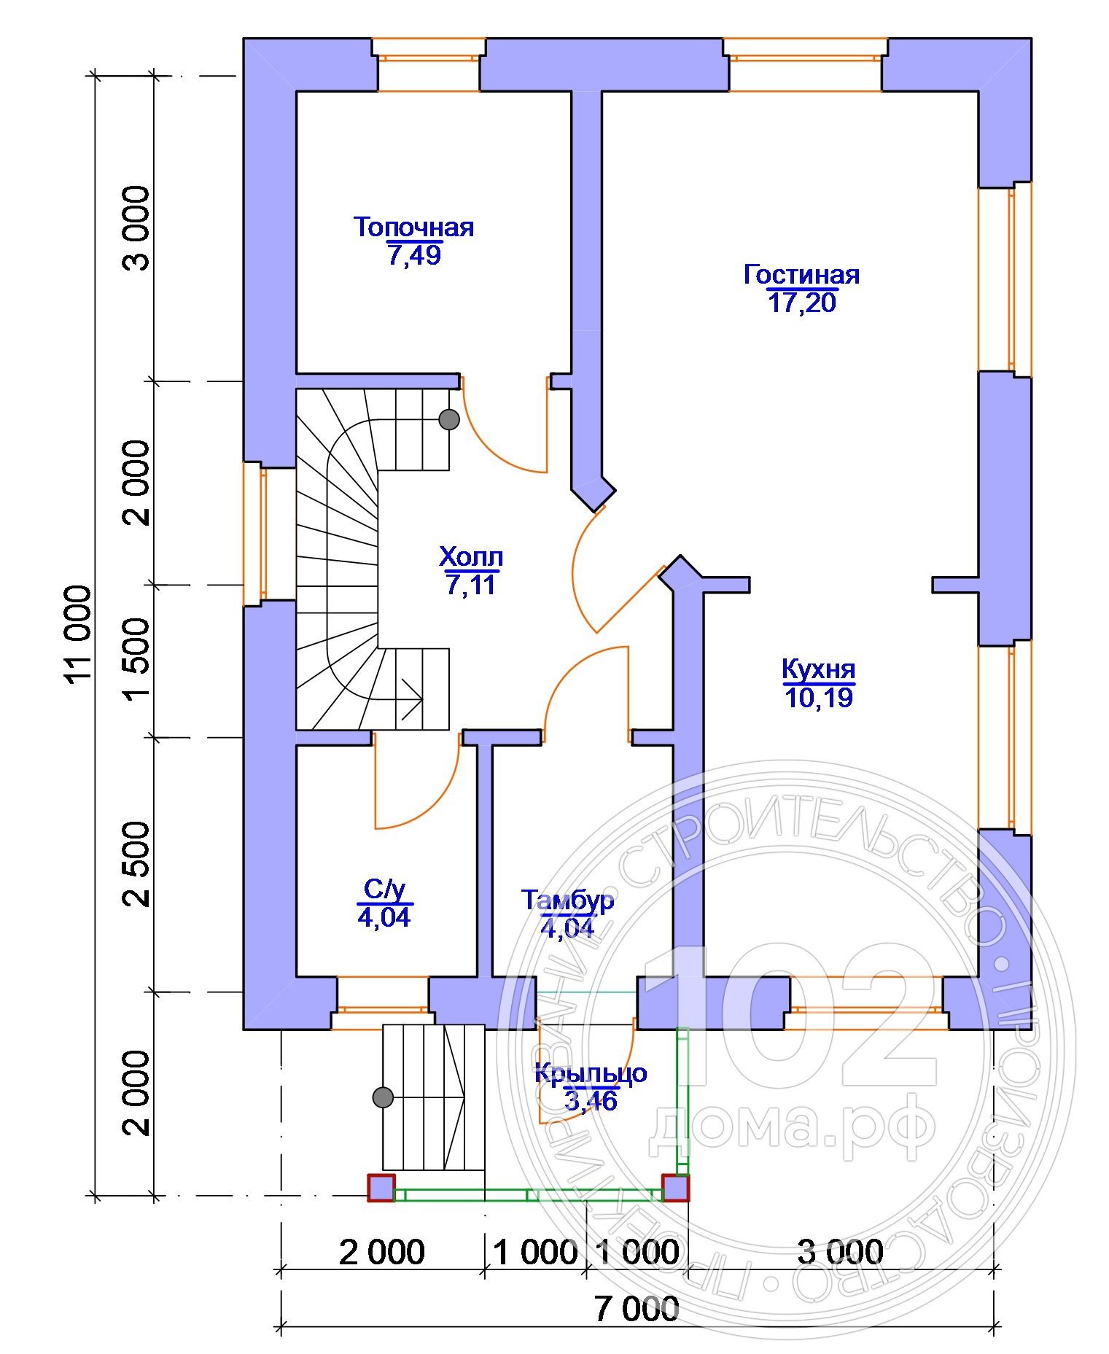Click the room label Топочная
[413, 227]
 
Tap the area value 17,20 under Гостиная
[801, 302]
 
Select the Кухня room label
[818, 669]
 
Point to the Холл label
[471, 557]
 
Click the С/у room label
[384, 889]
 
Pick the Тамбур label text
[567, 900]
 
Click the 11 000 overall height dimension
[79, 633]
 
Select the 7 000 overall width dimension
[637, 1309]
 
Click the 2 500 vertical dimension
[137, 864]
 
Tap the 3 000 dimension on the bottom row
[840, 1252]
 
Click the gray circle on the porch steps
[383, 1097]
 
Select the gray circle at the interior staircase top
[449, 419]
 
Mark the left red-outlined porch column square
[381, 1187]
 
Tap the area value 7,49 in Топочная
[413, 255]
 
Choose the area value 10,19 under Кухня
[818, 698]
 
